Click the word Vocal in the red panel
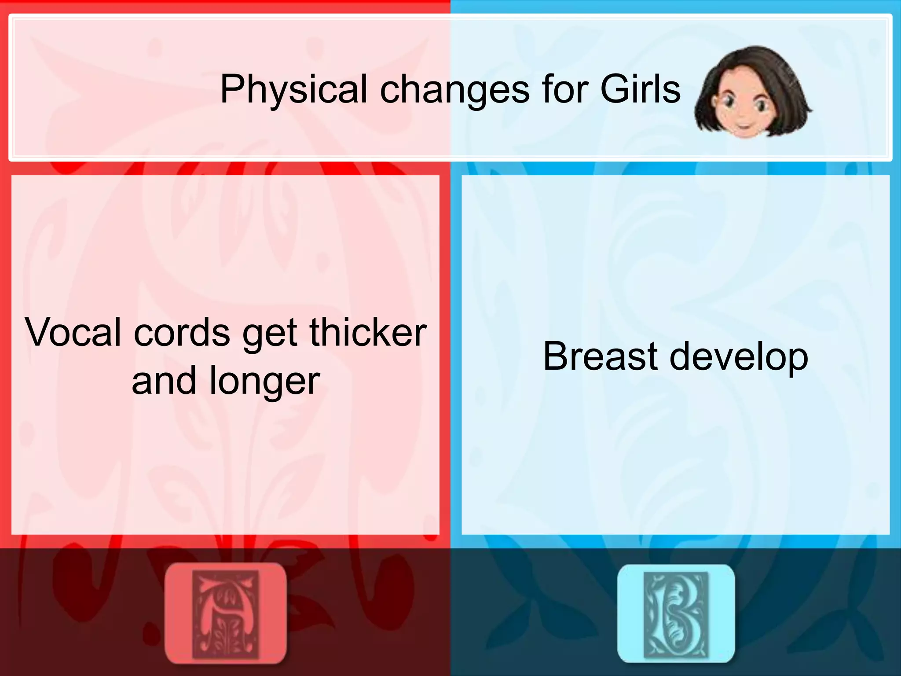pos(73,332)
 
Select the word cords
pos(182,332)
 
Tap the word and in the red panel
pos(163,381)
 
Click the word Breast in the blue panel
pos(601,356)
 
